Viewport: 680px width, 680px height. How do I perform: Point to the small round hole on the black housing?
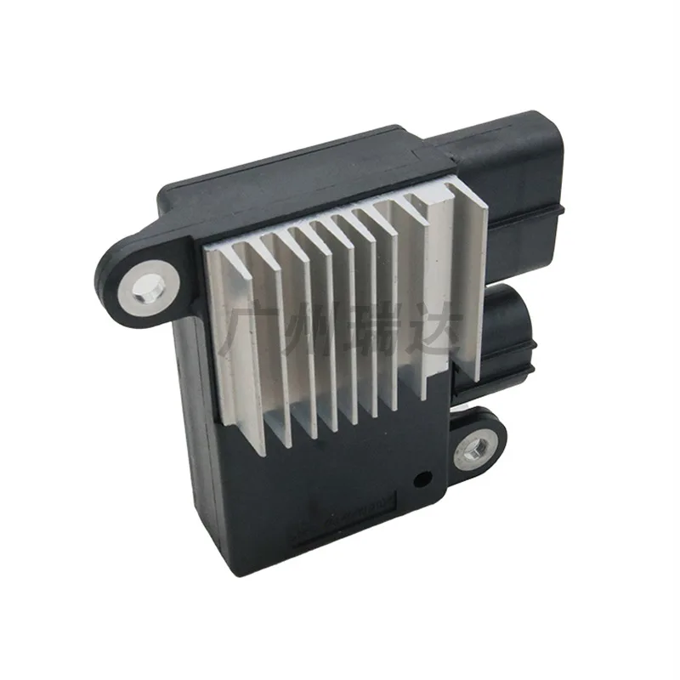tap(419, 479)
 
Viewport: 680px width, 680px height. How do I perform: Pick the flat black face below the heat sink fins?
tap(340, 493)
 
